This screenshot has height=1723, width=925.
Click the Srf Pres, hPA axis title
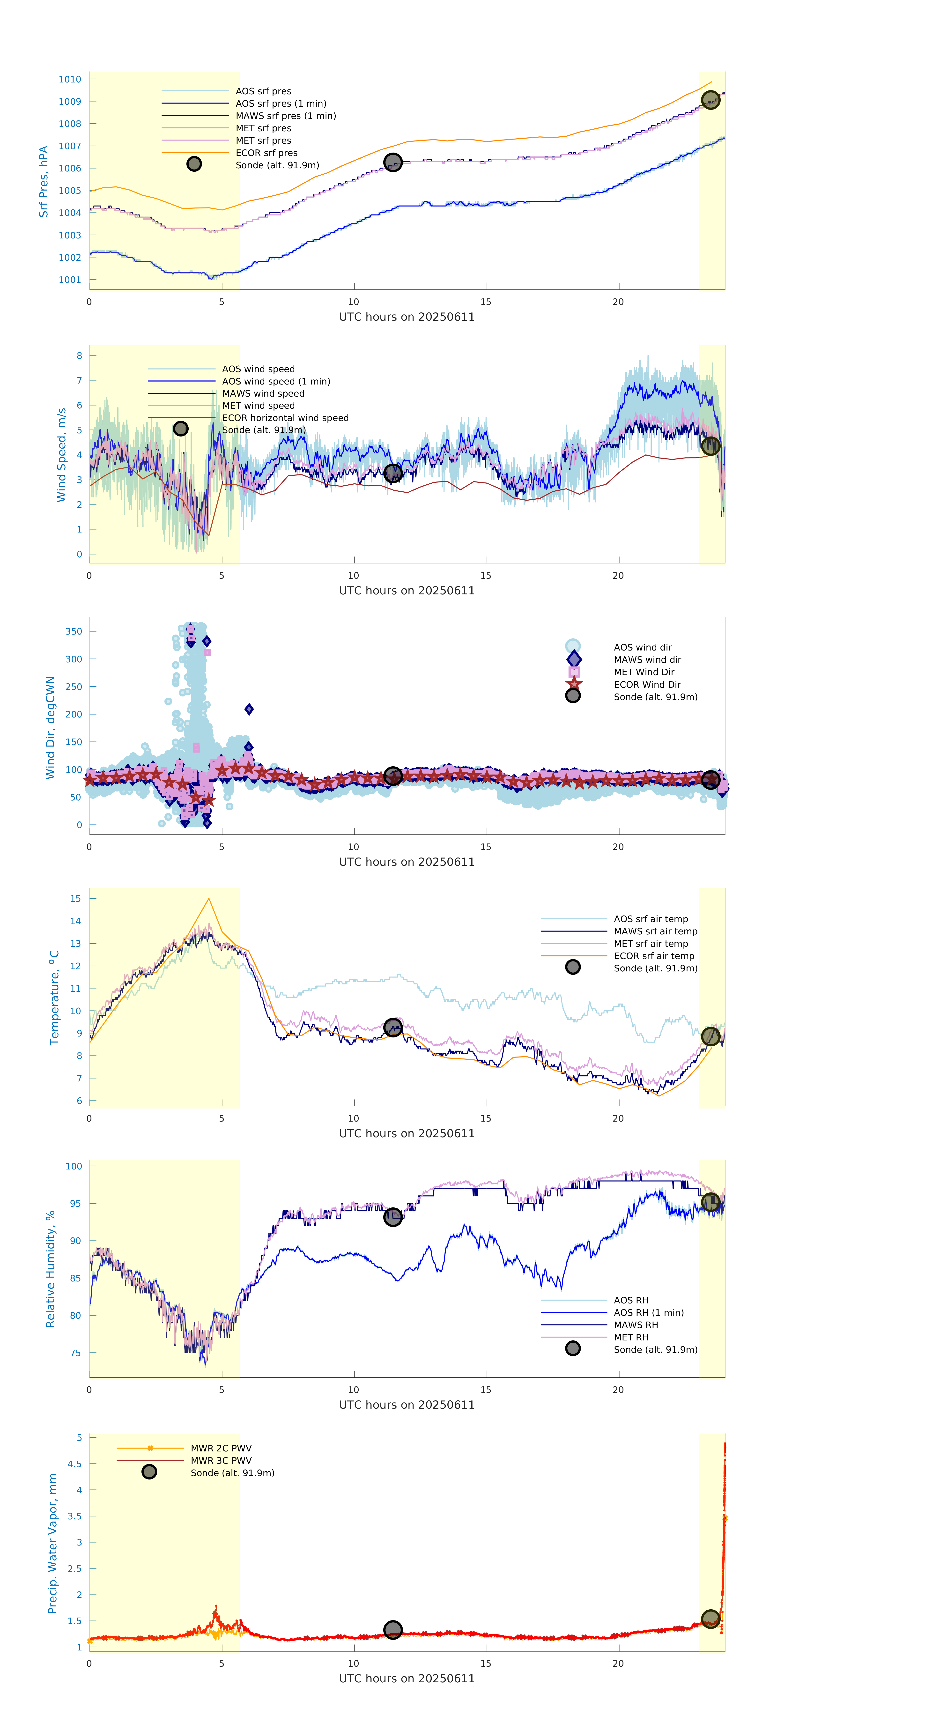[x=44, y=181]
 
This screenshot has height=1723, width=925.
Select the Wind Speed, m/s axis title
[x=61, y=455]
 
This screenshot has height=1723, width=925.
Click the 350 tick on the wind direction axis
[x=74, y=631]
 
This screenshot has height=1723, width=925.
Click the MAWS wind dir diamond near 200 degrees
[x=249, y=709]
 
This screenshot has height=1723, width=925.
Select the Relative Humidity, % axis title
[x=50, y=1269]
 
